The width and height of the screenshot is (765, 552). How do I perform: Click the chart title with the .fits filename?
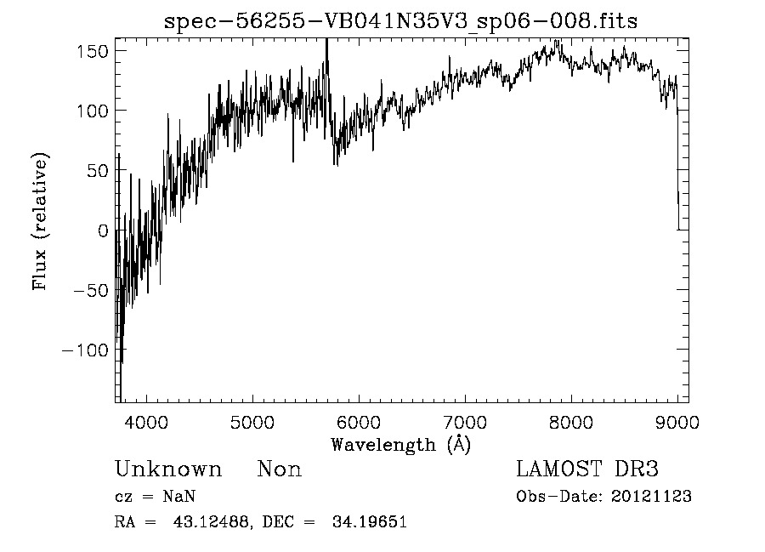[x=400, y=22]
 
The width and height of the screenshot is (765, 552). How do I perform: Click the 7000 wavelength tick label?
[x=464, y=420]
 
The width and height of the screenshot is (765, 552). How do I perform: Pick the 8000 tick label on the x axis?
[x=570, y=420]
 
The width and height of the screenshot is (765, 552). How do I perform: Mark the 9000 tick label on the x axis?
[x=676, y=420]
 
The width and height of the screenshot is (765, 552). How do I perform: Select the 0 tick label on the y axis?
[x=102, y=230]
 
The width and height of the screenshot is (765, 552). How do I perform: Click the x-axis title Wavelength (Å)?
[x=400, y=444]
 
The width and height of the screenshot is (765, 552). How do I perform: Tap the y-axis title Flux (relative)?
[x=41, y=222]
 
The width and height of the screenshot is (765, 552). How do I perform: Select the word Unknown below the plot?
[x=168, y=469]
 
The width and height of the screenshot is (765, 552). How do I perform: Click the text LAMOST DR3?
[x=587, y=469]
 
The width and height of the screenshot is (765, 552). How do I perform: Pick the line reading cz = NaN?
[x=158, y=497]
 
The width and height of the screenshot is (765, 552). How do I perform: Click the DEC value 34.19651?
[x=372, y=522]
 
